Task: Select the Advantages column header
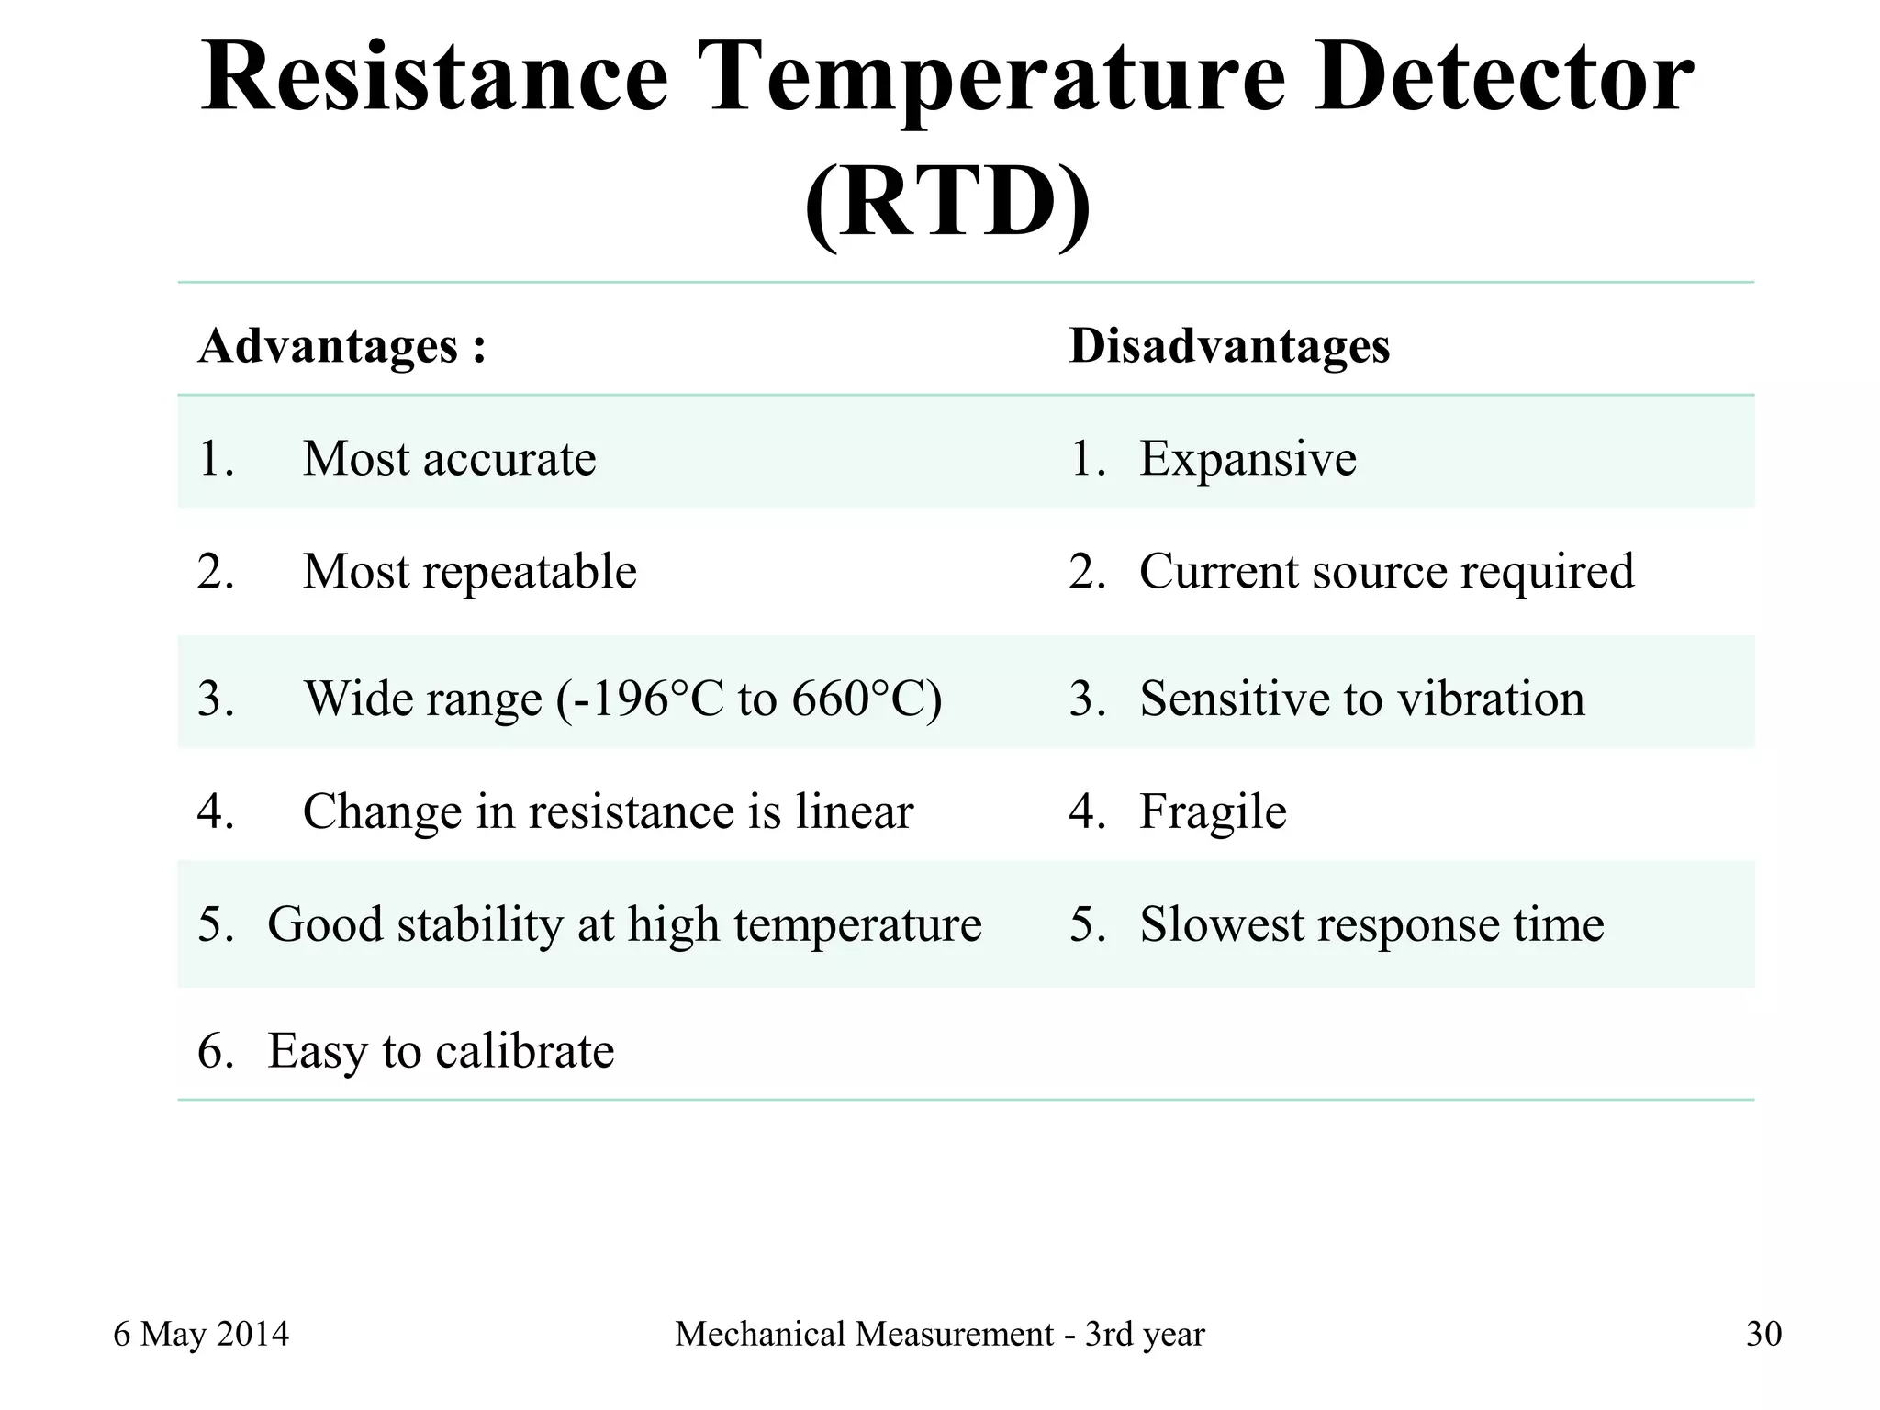pos(341,347)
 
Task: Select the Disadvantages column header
pos(1229,347)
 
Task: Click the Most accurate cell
pos(449,458)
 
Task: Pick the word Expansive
pos(1247,458)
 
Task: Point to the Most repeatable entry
pos(469,571)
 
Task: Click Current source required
pos(1386,571)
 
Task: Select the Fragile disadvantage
pos(1212,811)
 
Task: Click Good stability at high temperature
pos(624,924)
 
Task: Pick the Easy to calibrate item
pos(441,1051)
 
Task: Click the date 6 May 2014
pos(201,1334)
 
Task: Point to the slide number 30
pos(1763,1334)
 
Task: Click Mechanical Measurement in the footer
pos(864,1334)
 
